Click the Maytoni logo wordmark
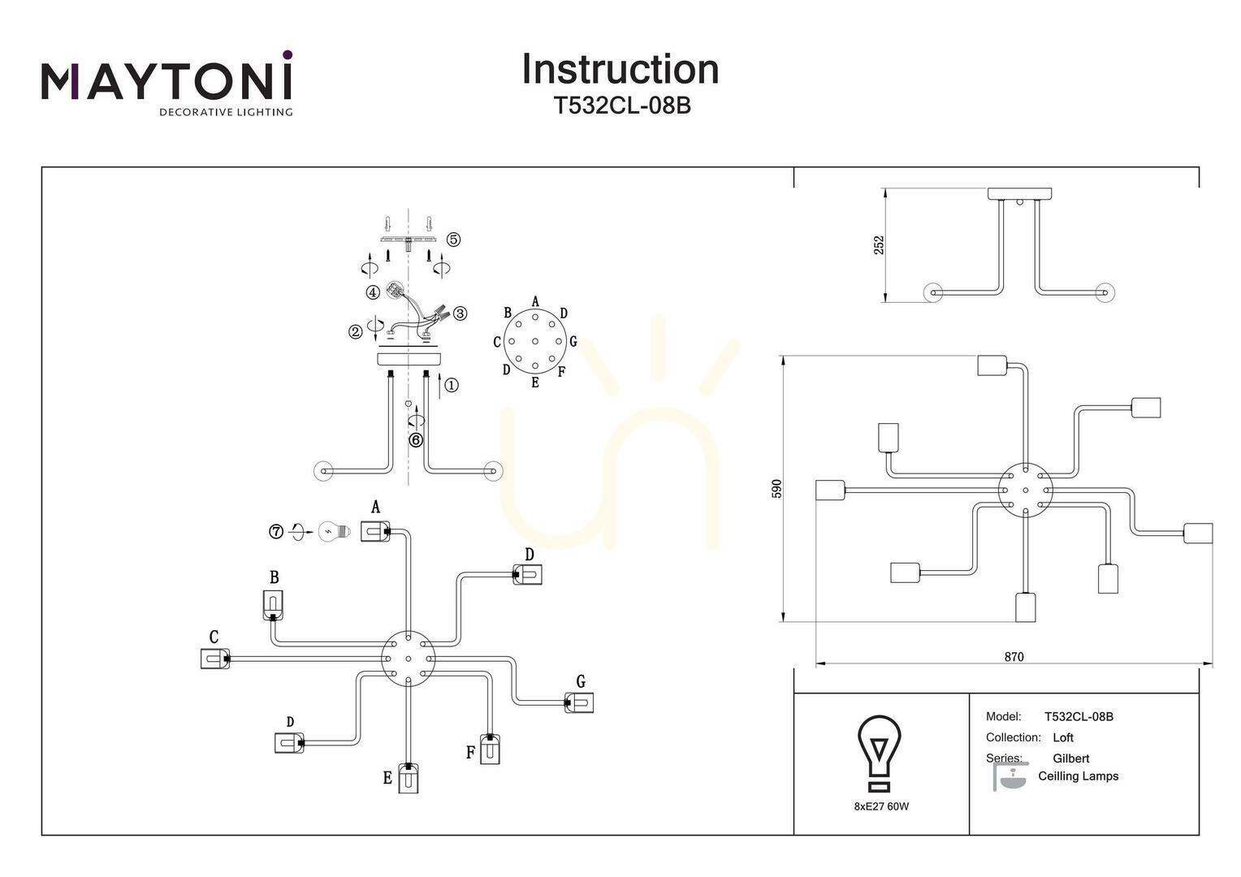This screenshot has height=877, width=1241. click(x=166, y=81)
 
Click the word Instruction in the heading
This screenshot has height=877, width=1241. click(x=620, y=69)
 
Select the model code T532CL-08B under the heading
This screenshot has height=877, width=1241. click(x=622, y=106)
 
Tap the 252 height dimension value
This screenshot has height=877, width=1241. click(x=879, y=245)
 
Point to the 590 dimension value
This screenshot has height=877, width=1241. click(x=776, y=489)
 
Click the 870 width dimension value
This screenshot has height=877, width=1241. click(x=1014, y=656)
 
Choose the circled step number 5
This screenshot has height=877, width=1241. click(x=453, y=240)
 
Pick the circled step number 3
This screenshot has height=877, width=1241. click(x=460, y=313)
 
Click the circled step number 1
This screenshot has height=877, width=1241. click(x=452, y=385)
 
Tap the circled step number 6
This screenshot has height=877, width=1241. click(x=416, y=440)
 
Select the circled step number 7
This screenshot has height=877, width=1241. click(x=276, y=532)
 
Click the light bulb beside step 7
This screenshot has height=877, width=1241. click(x=335, y=532)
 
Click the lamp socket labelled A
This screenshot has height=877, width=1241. click(x=375, y=531)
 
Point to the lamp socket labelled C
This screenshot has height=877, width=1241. click(x=215, y=659)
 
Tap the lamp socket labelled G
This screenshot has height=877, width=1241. click(x=579, y=702)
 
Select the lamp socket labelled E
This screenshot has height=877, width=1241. click(x=409, y=778)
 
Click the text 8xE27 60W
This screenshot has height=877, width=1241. click(x=881, y=806)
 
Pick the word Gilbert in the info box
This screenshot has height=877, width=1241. click(x=1071, y=758)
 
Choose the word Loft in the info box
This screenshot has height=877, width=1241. click(x=1063, y=737)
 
